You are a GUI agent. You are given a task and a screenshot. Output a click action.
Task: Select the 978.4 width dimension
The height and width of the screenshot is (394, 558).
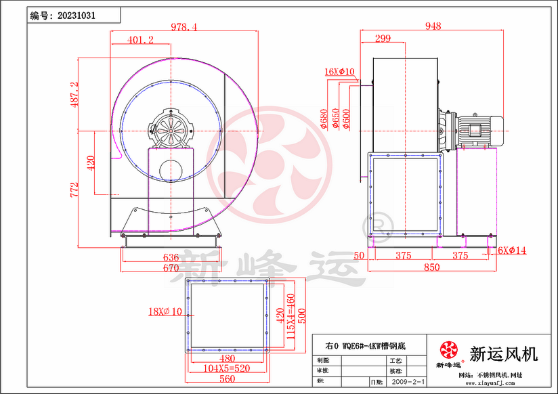click(184, 27)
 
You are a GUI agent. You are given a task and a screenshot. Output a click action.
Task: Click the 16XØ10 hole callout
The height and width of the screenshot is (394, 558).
click(339, 71)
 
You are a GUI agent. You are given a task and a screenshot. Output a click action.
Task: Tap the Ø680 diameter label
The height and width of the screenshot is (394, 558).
click(324, 119)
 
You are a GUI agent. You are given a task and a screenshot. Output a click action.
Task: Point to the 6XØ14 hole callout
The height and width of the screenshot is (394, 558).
click(512, 250)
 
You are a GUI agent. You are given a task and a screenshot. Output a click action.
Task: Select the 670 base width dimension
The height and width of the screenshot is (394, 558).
click(171, 267)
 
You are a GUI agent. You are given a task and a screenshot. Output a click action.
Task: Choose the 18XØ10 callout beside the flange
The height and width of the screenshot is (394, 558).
click(166, 312)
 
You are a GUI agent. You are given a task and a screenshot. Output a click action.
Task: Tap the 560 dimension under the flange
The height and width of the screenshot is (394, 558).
click(227, 379)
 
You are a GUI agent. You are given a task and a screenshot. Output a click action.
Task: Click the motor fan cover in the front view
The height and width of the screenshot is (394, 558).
click(171, 128)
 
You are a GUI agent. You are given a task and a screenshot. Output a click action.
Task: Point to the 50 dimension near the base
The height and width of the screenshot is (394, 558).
click(359, 255)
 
